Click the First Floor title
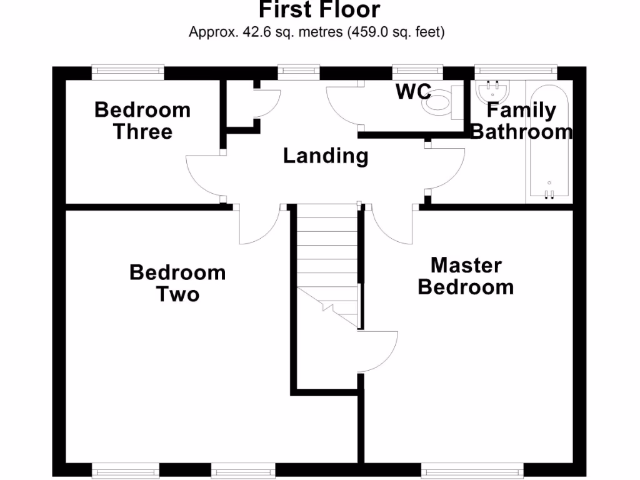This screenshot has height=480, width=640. click(319, 10)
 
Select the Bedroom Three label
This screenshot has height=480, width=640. click(142, 121)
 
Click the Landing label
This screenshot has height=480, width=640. click(326, 156)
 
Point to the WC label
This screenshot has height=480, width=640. click(413, 92)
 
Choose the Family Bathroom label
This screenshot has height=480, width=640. click(521, 121)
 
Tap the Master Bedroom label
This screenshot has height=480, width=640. click(466, 276)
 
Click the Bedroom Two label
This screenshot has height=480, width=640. click(177, 283)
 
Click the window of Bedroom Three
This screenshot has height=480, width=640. click(127, 72)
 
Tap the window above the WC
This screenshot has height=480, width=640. click(417, 72)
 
